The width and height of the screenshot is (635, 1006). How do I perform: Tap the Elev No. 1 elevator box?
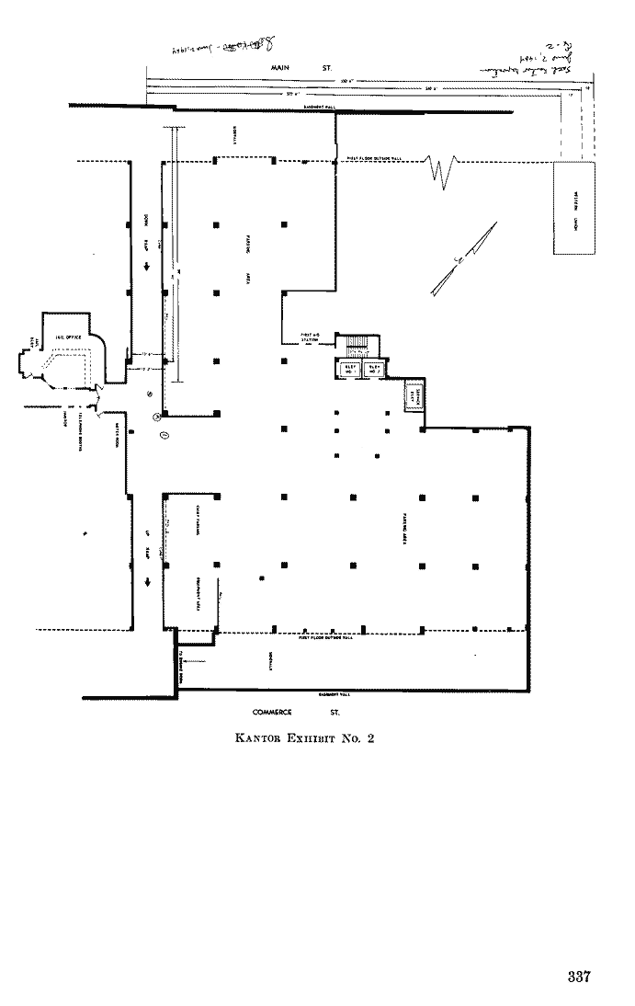click(350, 369)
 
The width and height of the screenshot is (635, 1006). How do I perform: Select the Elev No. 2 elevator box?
click(374, 369)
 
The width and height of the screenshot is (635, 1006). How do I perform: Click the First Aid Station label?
click(309, 337)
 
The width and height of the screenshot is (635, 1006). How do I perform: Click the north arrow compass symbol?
click(463, 259)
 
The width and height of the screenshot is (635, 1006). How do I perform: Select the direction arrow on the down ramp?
click(146, 269)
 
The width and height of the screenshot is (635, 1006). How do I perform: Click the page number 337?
click(577, 977)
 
